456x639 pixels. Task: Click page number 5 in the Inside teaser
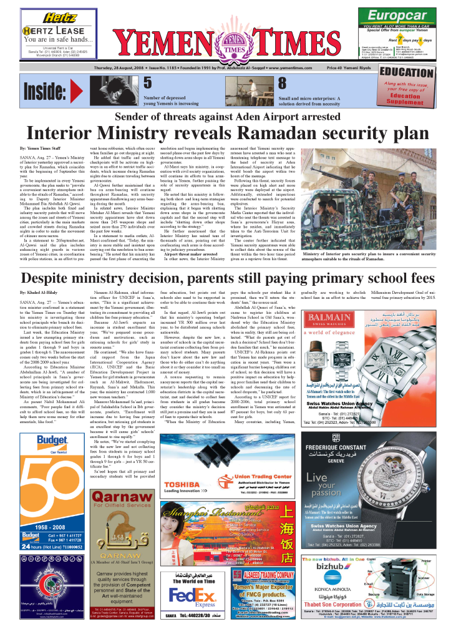click(147, 83)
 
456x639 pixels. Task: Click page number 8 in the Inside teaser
click(282, 83)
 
